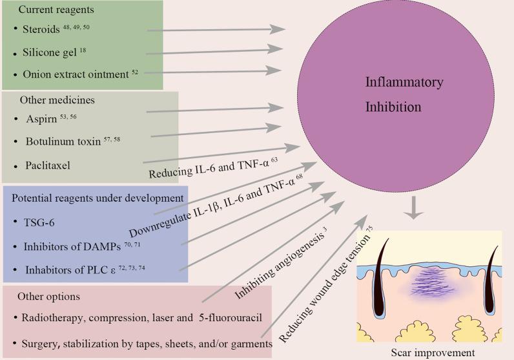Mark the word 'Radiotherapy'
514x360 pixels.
tap(45, 319)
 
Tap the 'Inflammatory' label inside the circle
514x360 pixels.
tap(404, 83)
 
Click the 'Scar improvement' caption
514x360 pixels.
tap(431, 352)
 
